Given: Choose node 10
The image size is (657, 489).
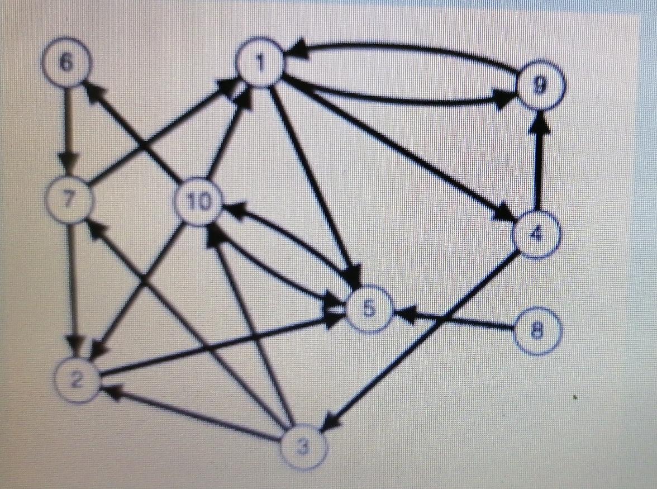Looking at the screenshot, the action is click(198, 202).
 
